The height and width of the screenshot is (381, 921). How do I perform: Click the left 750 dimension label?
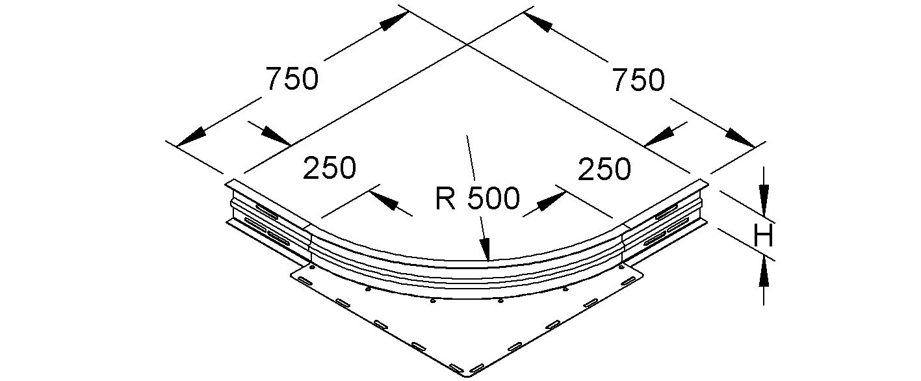pos(292,79)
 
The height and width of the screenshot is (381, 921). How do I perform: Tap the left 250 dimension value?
pos(330,168)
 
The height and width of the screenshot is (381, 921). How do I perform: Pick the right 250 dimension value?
pos(604,169)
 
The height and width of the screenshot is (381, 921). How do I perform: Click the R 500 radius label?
pos(478,200)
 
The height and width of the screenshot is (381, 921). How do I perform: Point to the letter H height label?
pos(763,237)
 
